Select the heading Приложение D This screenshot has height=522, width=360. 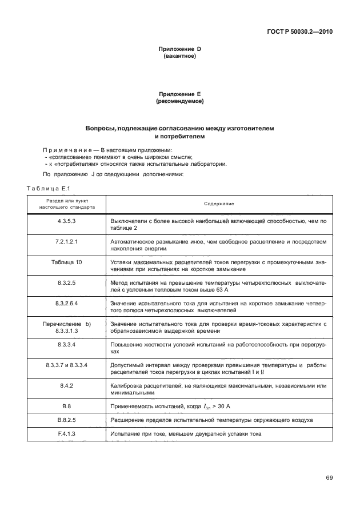[x=179, y=49]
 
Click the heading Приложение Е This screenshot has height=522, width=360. [x=179, y=94]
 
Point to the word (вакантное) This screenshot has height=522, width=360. [x=179, y=56]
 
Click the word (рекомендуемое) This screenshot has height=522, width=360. [x=179, y=101]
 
